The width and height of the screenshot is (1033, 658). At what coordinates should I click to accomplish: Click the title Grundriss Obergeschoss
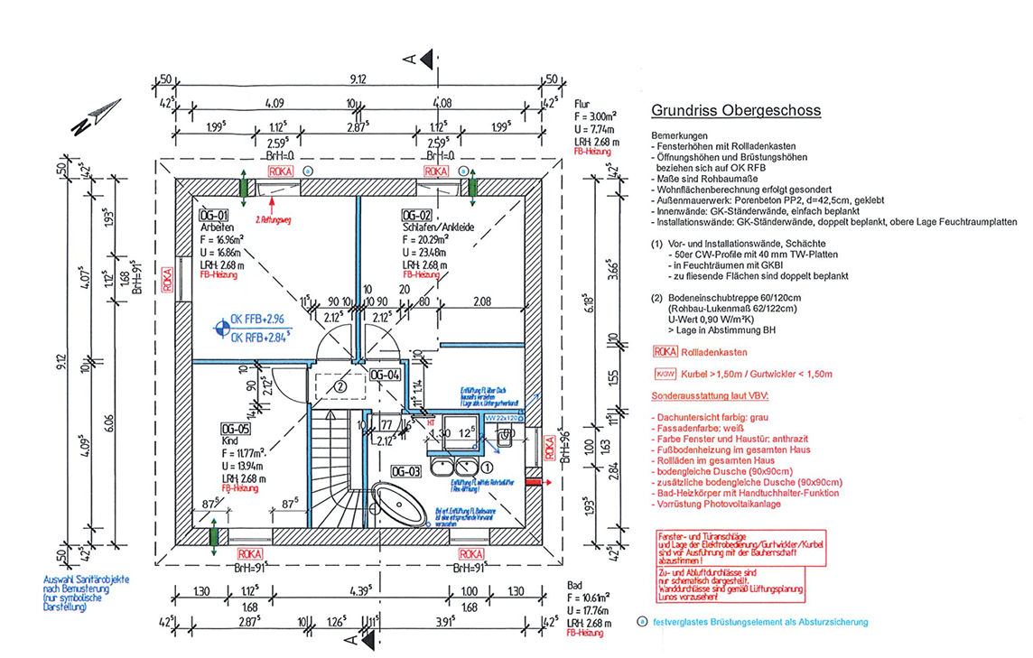coord(735,111)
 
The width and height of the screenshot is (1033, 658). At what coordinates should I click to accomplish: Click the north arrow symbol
coord(95,116)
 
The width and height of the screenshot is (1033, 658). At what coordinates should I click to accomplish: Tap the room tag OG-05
coord(233,428)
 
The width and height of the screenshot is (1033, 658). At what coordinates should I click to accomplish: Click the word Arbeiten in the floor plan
coord(216,229)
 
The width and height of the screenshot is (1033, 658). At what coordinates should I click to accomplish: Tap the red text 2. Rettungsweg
coord(280,219)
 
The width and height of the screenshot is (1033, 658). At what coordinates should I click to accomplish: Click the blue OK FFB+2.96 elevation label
coord(257,319)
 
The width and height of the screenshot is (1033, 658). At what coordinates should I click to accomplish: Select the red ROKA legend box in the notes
coord(664,353)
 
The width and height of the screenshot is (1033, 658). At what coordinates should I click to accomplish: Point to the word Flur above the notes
coord(582,104)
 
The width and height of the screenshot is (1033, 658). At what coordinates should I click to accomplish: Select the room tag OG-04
coord(386,375)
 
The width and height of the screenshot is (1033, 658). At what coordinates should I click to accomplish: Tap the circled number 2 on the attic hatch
coord(340,385)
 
